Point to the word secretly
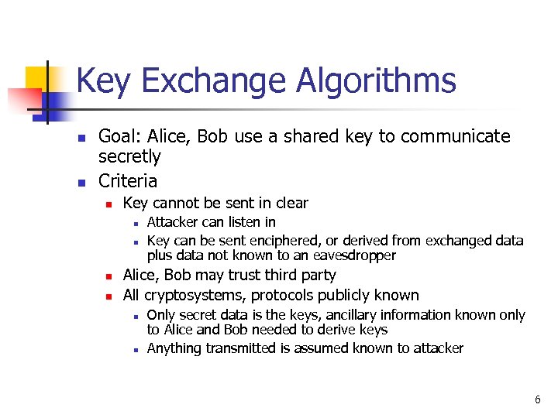[x=129, y=157]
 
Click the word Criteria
[x=128, y=181]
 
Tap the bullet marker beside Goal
[x=80, y=138]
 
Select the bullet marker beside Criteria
[x=80, y=182]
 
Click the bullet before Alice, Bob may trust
[x=109, y=276]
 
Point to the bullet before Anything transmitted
[x=135, y=349]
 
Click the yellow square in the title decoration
[x=36, y=77]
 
